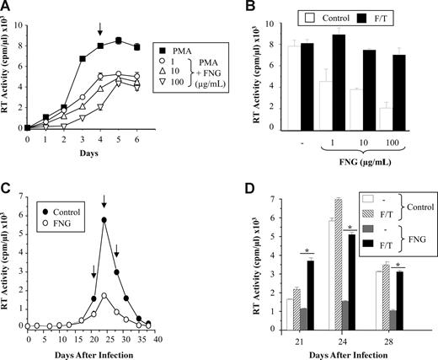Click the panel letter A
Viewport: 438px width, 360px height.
[x=7, y=7]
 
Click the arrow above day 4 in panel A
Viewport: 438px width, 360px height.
[x=100, y=30]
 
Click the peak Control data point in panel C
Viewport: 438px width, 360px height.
[x=104, y=220]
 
